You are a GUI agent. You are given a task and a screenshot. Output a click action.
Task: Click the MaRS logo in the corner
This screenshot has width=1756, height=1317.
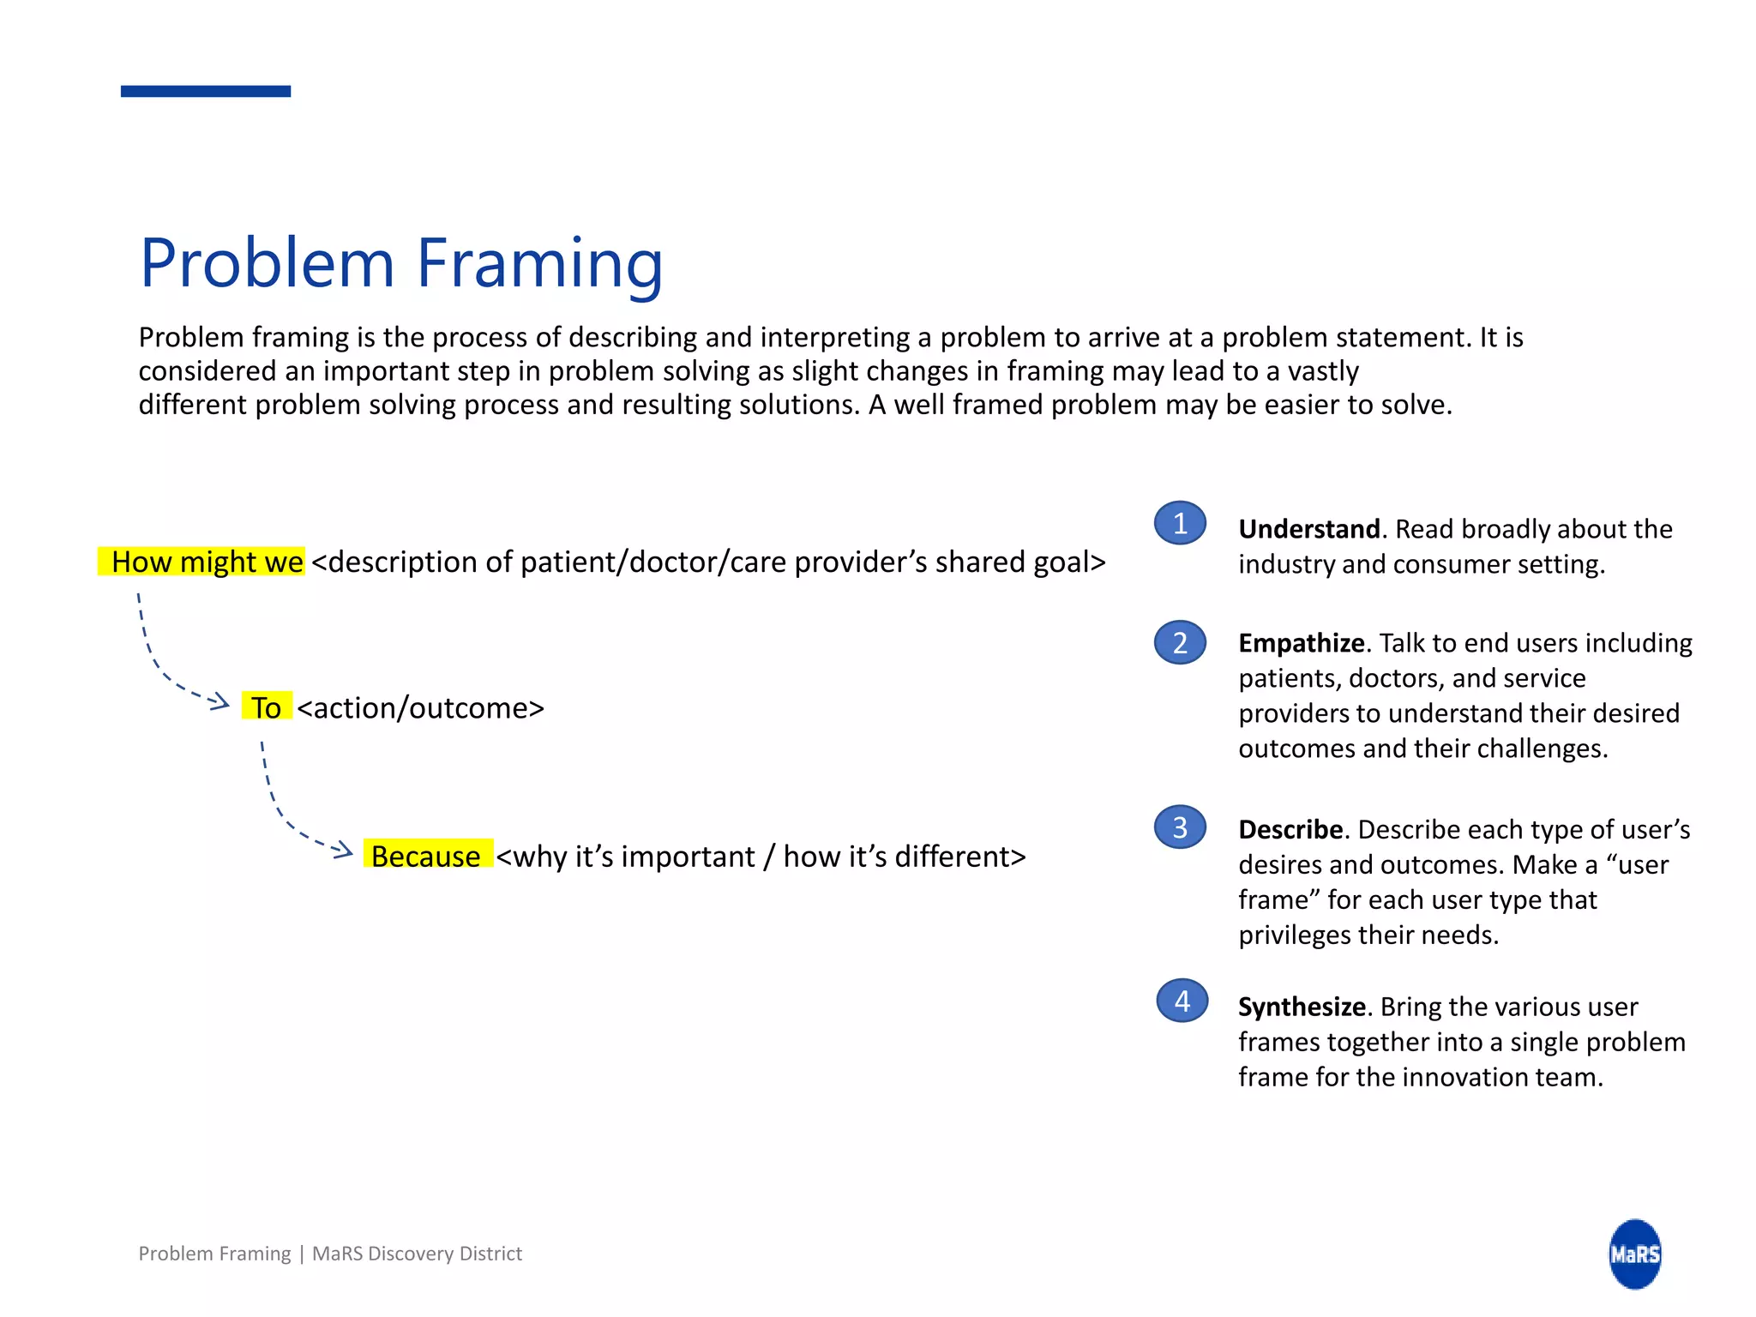tap(1634, 1254)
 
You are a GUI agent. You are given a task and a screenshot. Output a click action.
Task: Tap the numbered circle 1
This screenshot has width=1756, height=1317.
tap(1180, 523)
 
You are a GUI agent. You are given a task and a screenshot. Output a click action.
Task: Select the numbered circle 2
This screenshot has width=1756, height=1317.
tap(1180, 642)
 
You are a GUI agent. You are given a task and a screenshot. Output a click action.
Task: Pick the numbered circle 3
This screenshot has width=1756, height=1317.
tap(1180, 827)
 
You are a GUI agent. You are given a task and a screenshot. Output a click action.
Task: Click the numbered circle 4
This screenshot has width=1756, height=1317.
tap(1182, 1001)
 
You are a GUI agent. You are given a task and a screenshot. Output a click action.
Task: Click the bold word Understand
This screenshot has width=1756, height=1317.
tap(1308, 529)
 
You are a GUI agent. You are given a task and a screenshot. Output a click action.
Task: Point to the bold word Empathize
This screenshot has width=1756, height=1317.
tap(1301, 643)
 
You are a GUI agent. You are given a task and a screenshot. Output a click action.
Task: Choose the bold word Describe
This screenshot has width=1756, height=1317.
tap(1290, 830)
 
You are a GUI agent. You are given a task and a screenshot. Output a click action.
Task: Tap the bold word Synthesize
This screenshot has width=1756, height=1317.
tap(1301, 1007)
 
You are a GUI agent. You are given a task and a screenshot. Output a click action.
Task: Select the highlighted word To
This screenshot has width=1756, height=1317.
tap(267, 707)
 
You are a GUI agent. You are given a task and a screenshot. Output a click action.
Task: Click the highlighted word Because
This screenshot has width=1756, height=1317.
tap(427, 856)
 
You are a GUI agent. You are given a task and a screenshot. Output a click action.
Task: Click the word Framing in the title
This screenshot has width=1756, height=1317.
tap(540, 264)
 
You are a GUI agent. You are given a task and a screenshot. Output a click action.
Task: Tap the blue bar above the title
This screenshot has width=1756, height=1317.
tap(206, 91)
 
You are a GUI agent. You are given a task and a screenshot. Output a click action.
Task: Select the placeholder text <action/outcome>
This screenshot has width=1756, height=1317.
tap(420, 708)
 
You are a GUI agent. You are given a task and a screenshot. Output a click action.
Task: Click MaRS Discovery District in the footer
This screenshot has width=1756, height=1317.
tap(417, 1254)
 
